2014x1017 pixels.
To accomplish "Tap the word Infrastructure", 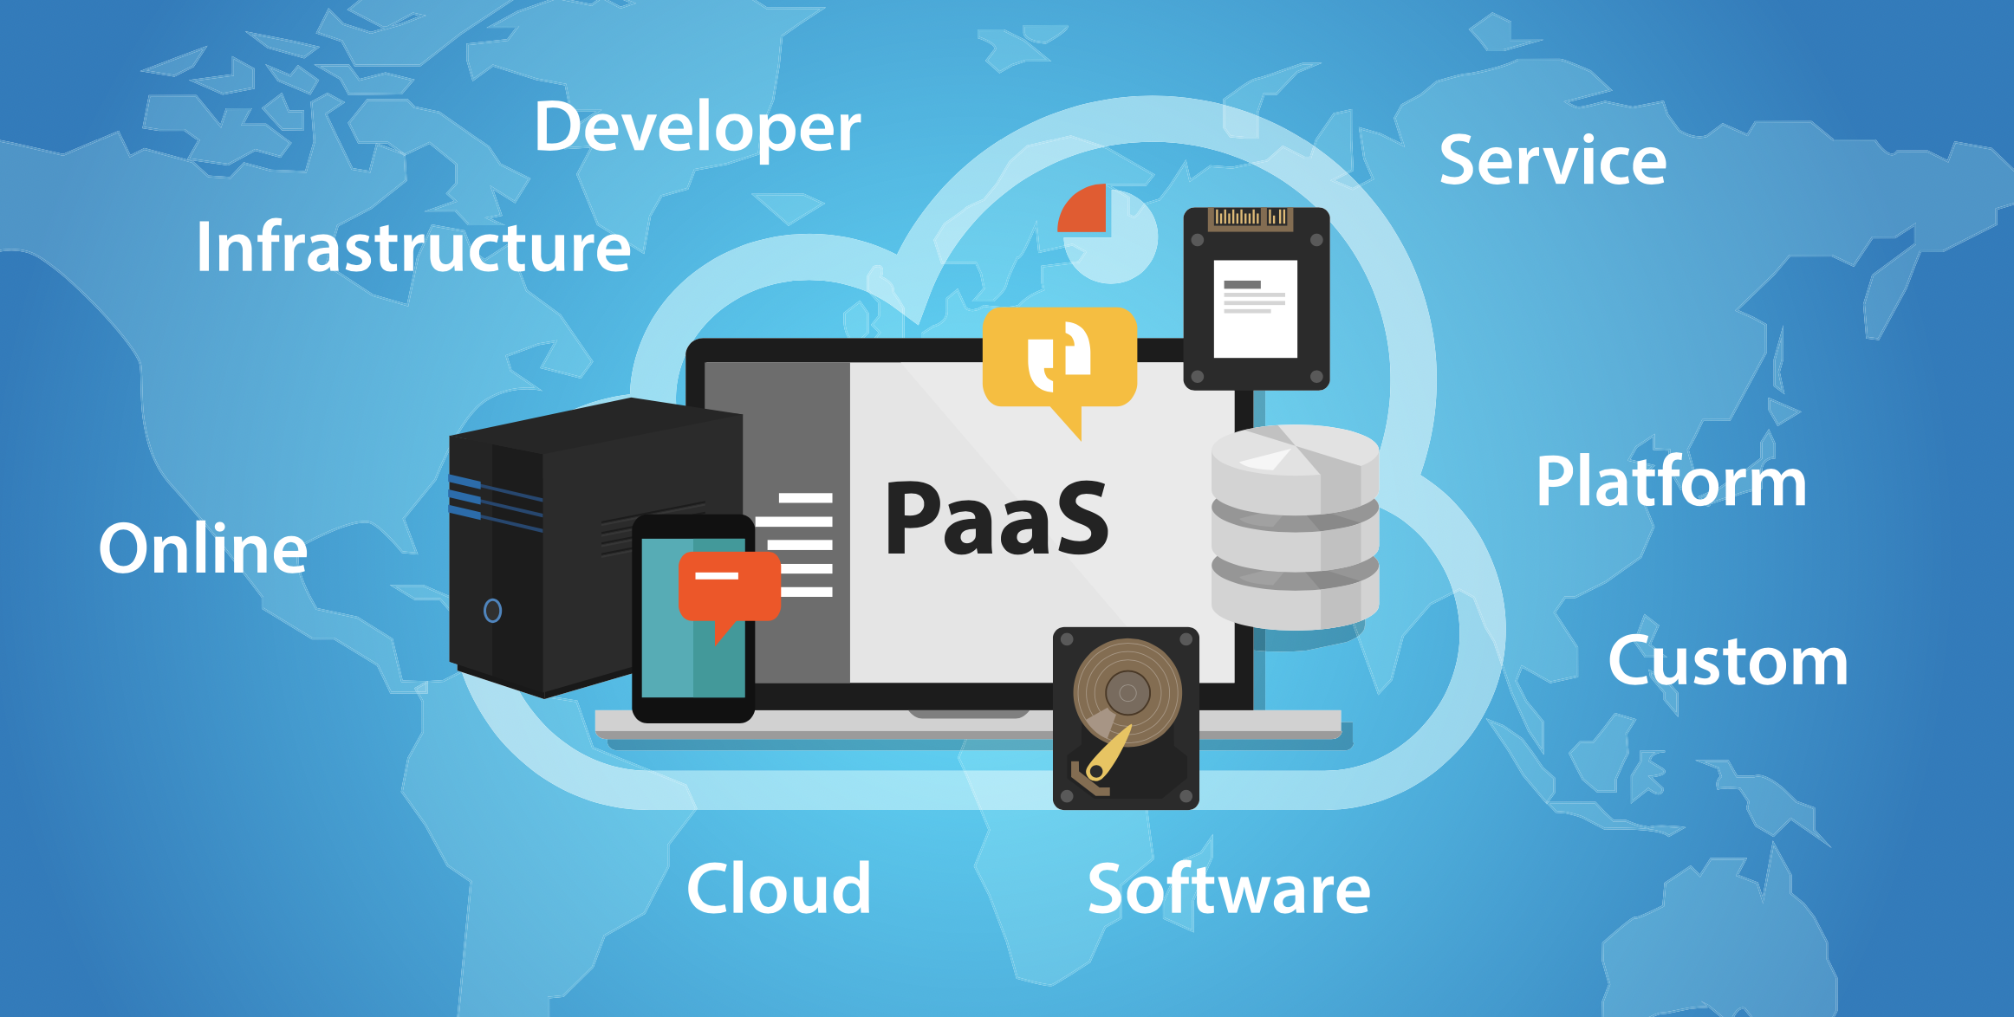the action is pyautogui.click(x=413, y=247).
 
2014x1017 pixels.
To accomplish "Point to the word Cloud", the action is pyautogui.click(x=778, y=888).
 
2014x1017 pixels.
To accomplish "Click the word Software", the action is pyautogui.click(x=1229, y=888).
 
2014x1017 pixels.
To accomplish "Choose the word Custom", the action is pyautogui.click(x=1728, y=660).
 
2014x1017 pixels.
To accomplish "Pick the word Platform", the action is pyautogui.click(x=1671, y=481).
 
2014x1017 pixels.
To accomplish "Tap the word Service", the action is pyautogui.click(x=1553, y=160).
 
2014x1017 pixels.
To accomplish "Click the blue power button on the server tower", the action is pyautogui.click(x=492, y=611).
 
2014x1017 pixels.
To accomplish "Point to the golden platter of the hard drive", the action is pyautogui.click(x=1127, y=692).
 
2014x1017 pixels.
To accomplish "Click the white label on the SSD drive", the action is pyautogui.click(x=1255, y=308).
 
